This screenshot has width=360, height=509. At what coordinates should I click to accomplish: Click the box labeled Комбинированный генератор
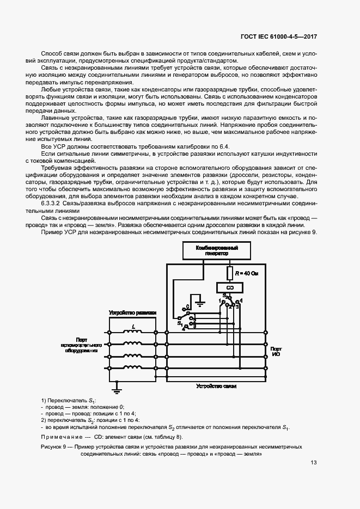click(x=217, y=251)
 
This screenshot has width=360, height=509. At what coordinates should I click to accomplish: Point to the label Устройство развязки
click(x=133, y=313)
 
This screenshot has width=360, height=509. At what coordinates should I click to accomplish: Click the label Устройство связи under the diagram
click(x=216, y=386)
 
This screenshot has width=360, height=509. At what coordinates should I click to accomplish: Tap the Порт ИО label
click(x=276, y=352)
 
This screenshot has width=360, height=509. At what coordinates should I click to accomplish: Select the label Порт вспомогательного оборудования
click(x=82, y=346)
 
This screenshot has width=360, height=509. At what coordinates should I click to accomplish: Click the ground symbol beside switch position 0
click(x=200, y=303)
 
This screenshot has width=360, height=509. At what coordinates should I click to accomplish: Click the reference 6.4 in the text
click(x=228, y=146)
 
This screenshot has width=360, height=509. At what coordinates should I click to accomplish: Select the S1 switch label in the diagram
click(x=180, y=323)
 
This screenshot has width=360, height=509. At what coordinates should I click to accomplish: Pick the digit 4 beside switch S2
click(x=242, y=301)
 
